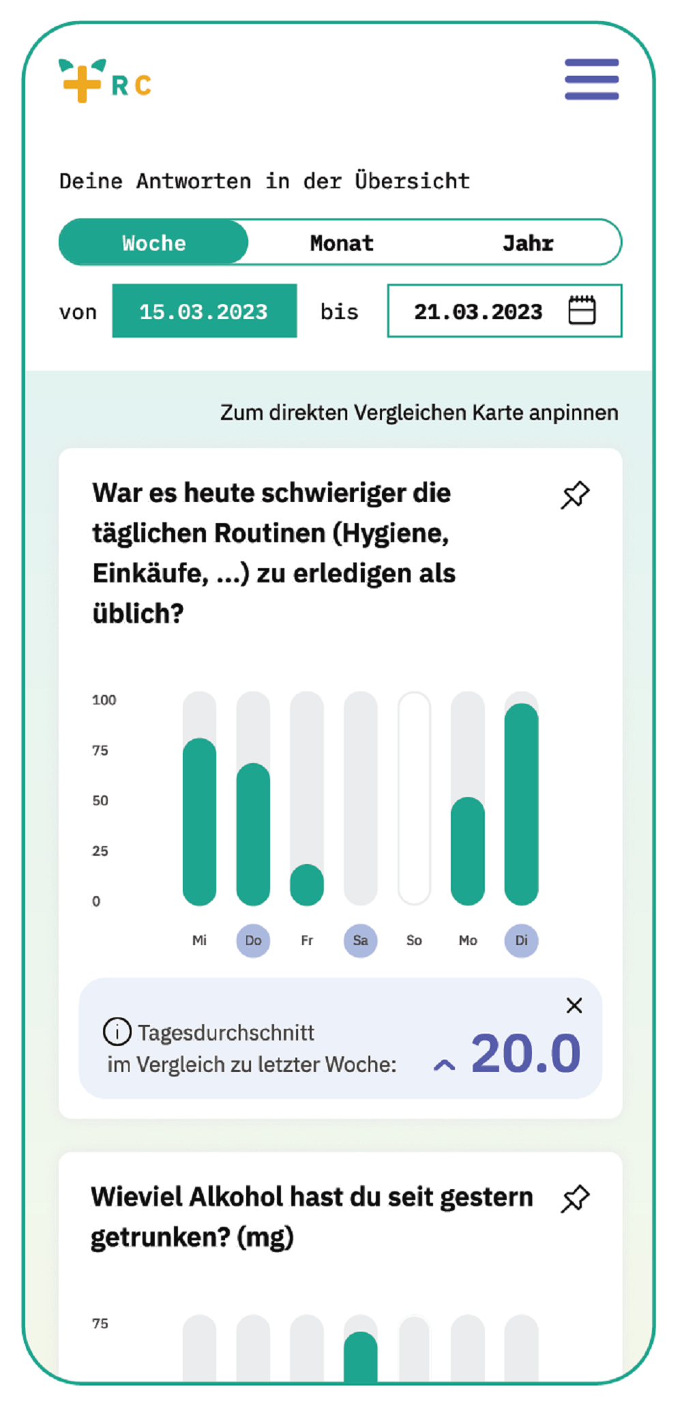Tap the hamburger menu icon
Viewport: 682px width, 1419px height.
click(591, 79)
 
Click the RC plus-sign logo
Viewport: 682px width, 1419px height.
click(104, 81)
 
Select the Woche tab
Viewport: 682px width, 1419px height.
click(154, 243)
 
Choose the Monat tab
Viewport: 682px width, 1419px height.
click(342, 243)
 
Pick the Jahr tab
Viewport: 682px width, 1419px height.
click(528, 243)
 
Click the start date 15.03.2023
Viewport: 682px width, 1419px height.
click(204, 312)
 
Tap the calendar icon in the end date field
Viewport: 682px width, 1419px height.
click(582, 311)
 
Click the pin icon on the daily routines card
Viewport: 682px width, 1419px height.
click(575, 495)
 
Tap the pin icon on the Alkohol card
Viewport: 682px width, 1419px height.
click(575, 1199)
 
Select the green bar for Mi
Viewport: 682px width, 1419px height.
click(199, 822)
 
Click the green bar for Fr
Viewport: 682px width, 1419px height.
click(307, 885)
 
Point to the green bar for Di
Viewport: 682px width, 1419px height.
click(522, 805)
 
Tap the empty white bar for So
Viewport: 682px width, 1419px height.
click(414, 798)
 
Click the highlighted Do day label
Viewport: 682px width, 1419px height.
click(253, 941)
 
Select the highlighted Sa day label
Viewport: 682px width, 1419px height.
click(360, 941)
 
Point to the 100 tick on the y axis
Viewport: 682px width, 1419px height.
click(104, 700)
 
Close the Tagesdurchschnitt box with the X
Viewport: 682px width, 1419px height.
click(574, 1005)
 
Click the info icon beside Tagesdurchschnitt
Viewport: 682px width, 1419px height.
click(117, 1032)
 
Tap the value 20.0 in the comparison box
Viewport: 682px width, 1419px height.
click(525, 1054)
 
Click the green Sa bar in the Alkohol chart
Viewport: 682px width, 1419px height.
click(360, 1357)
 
